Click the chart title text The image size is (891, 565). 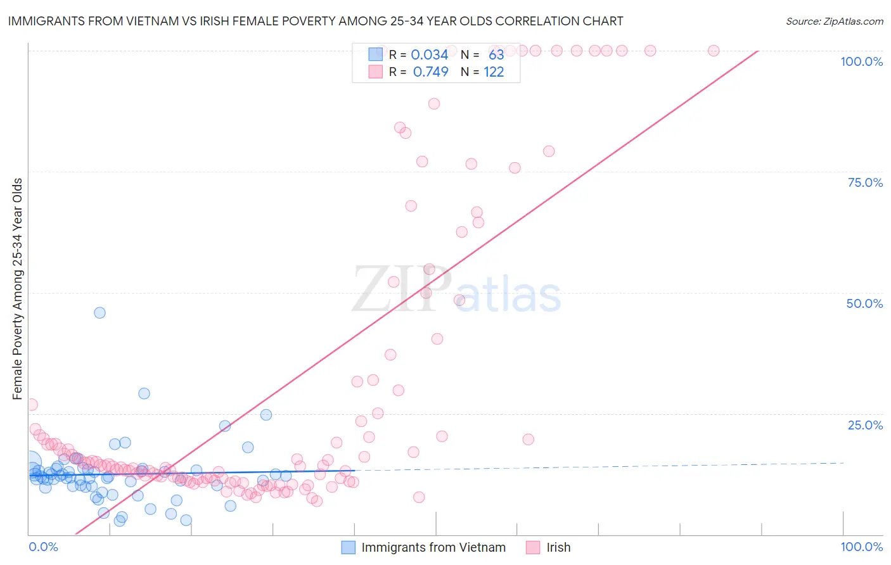pyautogui.click(x=316, y=21)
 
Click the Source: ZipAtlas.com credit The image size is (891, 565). pyautogui.click(x=834, y=21)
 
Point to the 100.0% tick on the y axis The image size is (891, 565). pyautogui.click(x=861, y=61)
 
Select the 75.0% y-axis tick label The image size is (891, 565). pyautogui.click(x=865, y=182)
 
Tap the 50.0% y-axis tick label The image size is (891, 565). pyautogui.click(x=864, y=303)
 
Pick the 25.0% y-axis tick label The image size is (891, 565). pyautogui.click(x=865, y=425)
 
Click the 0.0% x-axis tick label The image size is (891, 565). pyautogui.click(x=43, y=547)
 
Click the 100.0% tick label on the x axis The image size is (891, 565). pyautogui.click(x=861, y=547)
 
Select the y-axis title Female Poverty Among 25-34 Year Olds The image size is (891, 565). pyautogui.click(x=18, y=289)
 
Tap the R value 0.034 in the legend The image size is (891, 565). pyautogui.click(x=430, y=54)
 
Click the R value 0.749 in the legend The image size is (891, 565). pyautogui.click(x=430, y=72)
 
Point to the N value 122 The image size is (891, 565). pyautogui.click(x=494, y=72)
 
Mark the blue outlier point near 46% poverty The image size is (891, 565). pyautogui.click(x=99, y=312)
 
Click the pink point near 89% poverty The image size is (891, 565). pyautogui.click(x=434, y=104)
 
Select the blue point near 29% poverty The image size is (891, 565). pyautogui.click(x=144, y=393)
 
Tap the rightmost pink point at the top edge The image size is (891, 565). pyautogui.click(x=714, y=51)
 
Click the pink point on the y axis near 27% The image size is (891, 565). pyautogui.click(x=32, y=405)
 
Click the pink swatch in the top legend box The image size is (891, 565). pyautogui.click(x=376, y=72)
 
